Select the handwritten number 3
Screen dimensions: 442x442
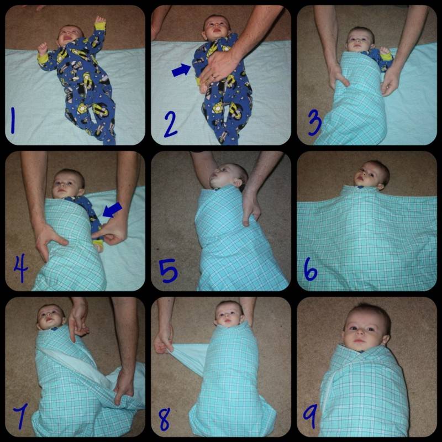tap(315, 122)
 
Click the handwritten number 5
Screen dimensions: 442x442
tap(169, 271)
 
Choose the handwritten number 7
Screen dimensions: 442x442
tap(20, 416)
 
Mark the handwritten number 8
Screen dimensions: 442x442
tap(164, 419)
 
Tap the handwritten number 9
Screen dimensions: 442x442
tap(311, 417)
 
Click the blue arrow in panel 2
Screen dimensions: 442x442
tap(182, 70)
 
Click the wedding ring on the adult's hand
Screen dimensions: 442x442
tap(214, 76)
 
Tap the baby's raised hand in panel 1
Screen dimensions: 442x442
tap(99, 20)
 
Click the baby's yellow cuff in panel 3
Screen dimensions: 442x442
tap(387, 57)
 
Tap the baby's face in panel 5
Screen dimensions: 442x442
tap(223, 176)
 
